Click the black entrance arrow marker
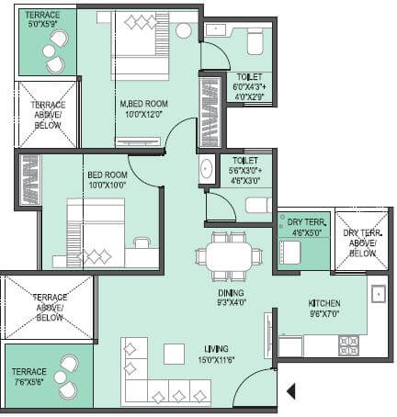[291, 392]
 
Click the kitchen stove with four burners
[348, 345]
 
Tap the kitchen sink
[378, 295]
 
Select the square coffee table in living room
[174, 354]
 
